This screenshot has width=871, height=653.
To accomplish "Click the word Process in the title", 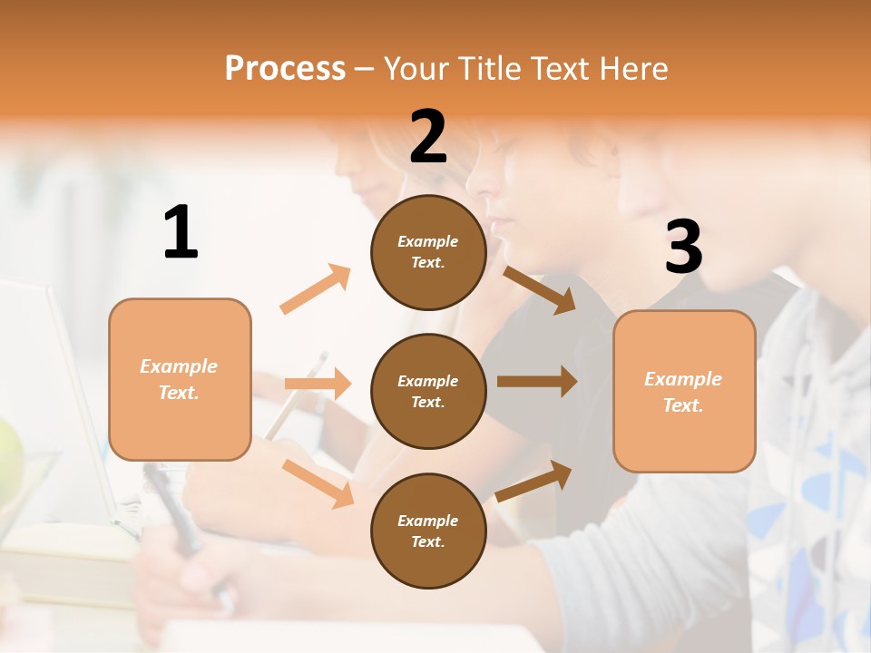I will (285, 69).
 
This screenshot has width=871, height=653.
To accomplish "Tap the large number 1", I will (181, 232).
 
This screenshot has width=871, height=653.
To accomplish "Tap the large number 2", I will (428, 137).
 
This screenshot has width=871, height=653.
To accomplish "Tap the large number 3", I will (683, 247).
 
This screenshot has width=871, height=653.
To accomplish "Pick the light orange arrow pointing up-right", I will (316, 289).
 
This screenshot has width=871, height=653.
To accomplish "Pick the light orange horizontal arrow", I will (318, 384).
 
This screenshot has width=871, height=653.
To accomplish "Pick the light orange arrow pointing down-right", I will (318, 483).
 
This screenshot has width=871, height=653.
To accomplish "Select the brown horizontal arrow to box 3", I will (537, 381).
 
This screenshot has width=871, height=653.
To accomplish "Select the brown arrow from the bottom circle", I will (534, 482).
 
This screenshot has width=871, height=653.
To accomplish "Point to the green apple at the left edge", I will (7, 458).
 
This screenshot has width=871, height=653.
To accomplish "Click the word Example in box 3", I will (683, 379).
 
